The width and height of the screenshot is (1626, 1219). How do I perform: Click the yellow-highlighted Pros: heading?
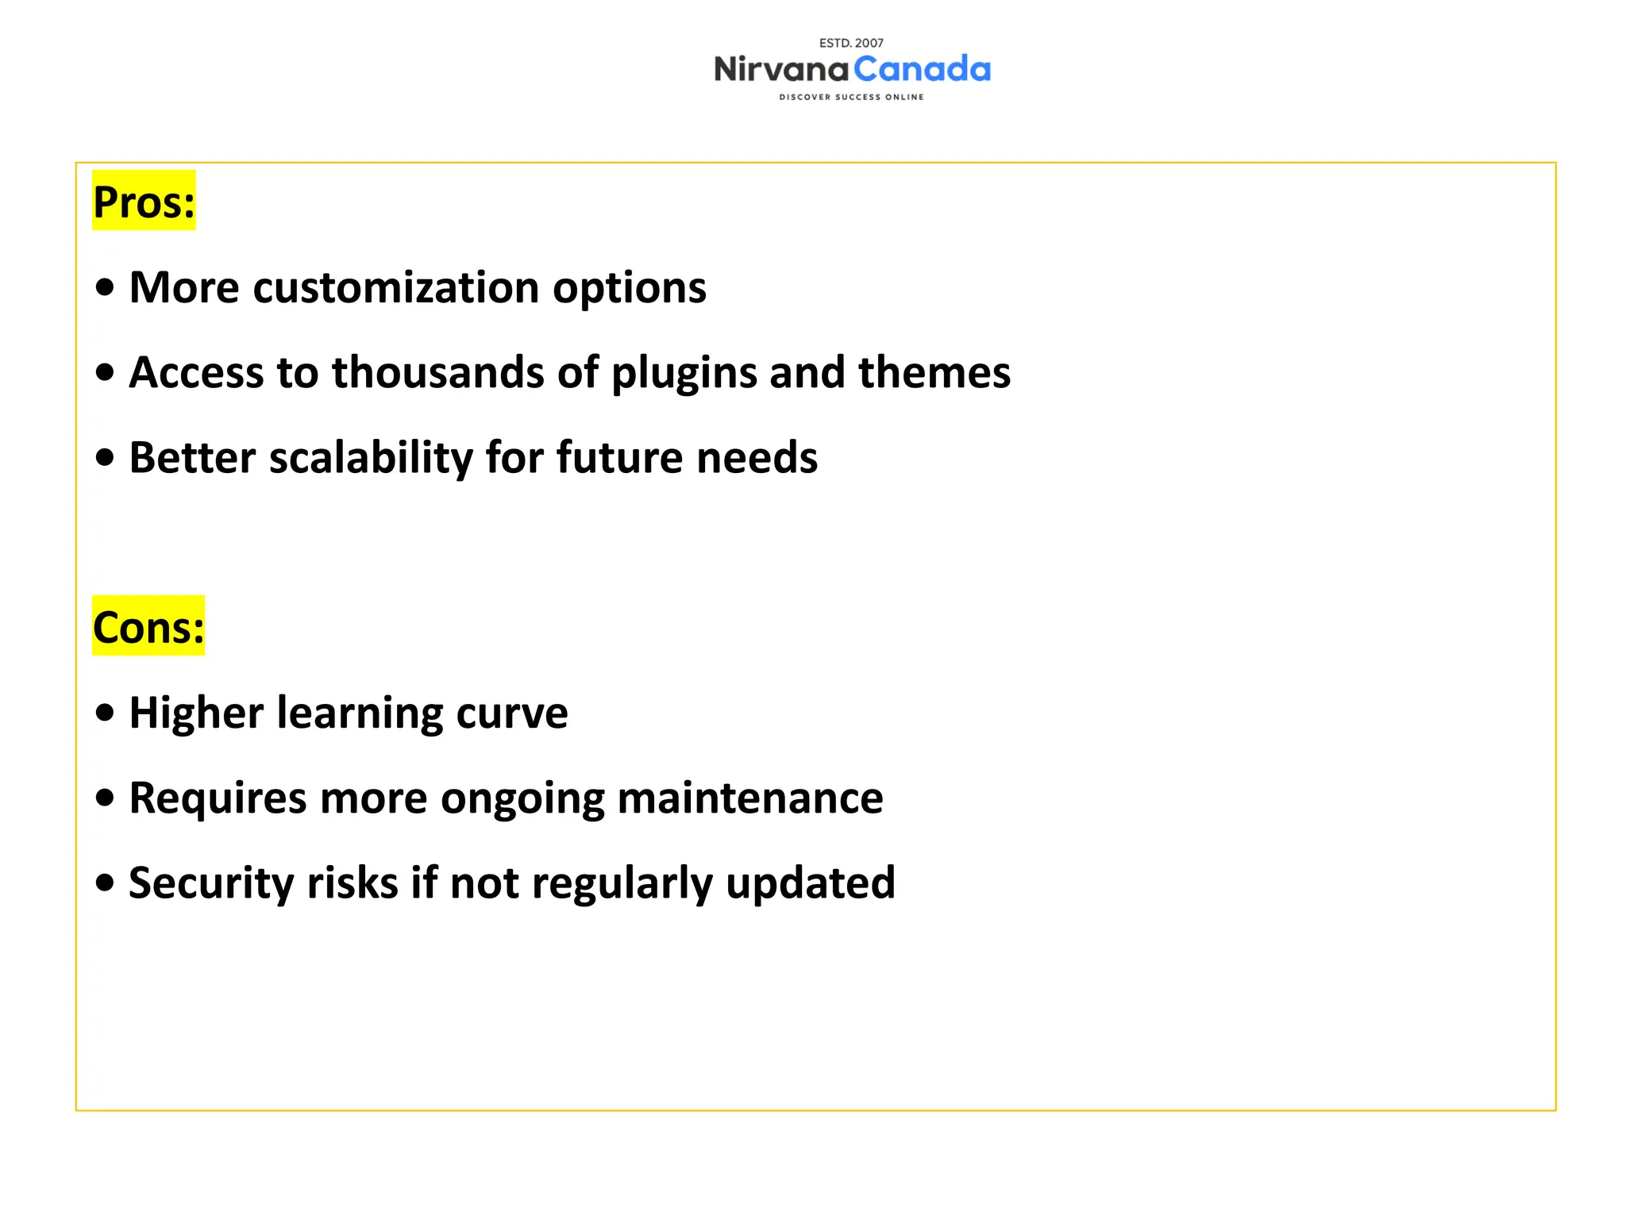(x=144, y=202)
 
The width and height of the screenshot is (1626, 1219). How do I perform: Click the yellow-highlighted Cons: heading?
(x=148, y=627)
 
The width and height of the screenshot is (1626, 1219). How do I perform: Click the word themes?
(x=934, y=372)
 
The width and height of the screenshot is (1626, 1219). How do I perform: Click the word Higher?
(x=196, y=713)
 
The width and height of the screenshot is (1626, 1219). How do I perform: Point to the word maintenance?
(x=749, y=798)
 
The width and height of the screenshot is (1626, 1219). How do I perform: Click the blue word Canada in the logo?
(x=922, y=70)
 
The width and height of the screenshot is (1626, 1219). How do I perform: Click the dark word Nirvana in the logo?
(x=781, y=70)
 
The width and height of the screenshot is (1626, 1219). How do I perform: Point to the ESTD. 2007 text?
(x=851, y=43)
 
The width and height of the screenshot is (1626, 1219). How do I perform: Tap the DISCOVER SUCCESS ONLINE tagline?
(x=851, y=97)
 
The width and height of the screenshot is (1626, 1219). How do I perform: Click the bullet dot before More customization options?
(x=104, y=287)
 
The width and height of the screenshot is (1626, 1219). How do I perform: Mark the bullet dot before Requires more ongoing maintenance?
(x=104, y=798)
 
